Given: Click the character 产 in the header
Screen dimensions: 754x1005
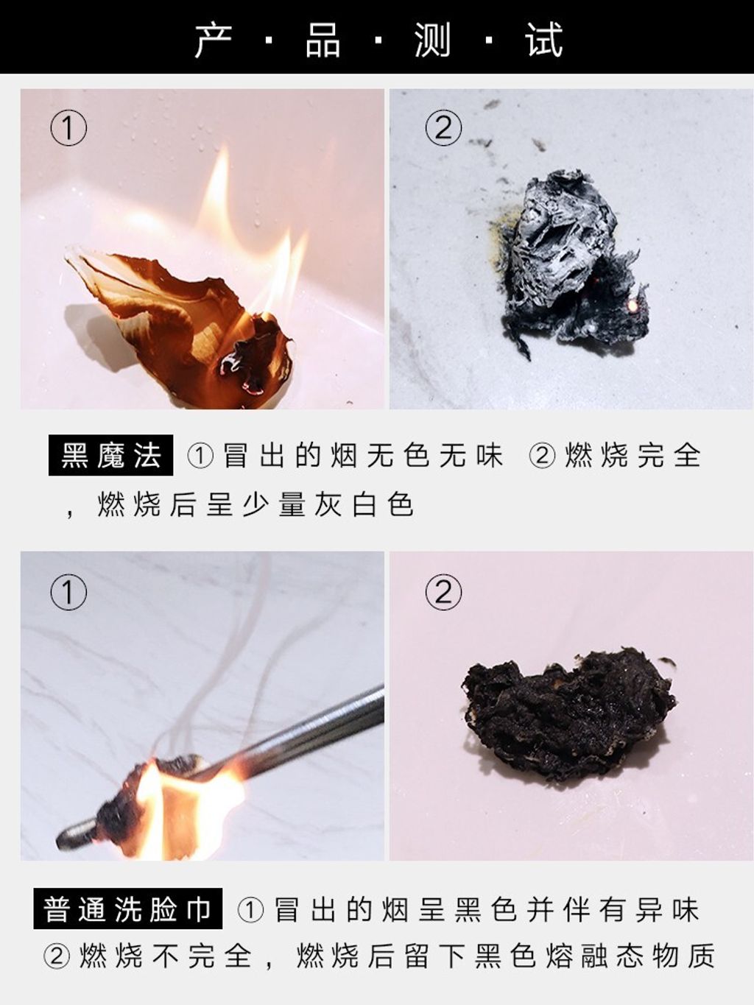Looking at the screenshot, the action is click(214, 40).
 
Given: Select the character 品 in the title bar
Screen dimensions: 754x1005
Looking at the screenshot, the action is click(323, 40).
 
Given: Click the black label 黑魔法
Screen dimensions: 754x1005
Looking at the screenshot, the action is click(110, 455).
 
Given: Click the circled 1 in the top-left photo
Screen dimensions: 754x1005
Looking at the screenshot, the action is click(68, 128).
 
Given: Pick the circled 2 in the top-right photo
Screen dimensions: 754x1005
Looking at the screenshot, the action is click(443, 128).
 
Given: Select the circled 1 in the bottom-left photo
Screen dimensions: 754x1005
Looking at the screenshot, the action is click(68, 592).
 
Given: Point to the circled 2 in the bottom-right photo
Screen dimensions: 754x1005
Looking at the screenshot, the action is click(443, 592).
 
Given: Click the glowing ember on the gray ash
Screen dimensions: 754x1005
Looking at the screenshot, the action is click(633, 304).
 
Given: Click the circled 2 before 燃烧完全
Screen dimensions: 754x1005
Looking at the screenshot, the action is click(542, 456).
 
